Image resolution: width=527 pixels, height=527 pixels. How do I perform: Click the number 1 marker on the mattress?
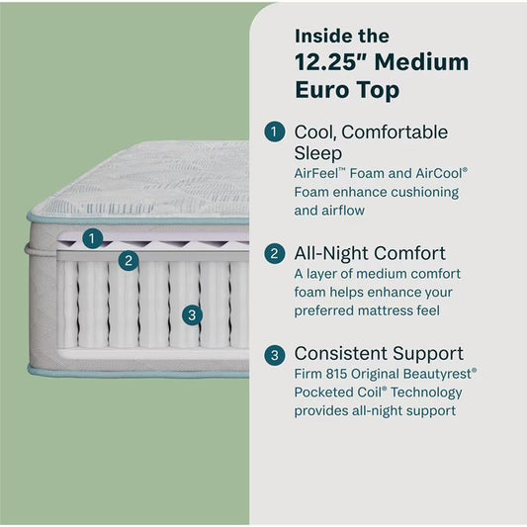click(91, 237)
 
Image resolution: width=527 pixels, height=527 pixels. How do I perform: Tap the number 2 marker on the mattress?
click(127, 261)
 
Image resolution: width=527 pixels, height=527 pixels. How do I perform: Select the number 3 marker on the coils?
click(193, 315)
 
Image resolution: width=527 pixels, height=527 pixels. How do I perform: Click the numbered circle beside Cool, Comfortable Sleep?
click(274, 132)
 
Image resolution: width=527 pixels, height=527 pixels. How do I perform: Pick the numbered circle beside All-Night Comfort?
click(274, 253)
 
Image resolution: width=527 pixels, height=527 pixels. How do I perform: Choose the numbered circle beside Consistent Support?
click(274, 354)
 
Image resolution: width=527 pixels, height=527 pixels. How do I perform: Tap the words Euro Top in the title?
click(345, 91)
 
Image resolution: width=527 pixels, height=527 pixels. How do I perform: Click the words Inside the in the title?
click(342, 36)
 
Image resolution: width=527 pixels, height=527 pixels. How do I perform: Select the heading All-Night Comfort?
click(370, 253)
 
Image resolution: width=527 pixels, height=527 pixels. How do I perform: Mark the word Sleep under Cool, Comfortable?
click(318, 153)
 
